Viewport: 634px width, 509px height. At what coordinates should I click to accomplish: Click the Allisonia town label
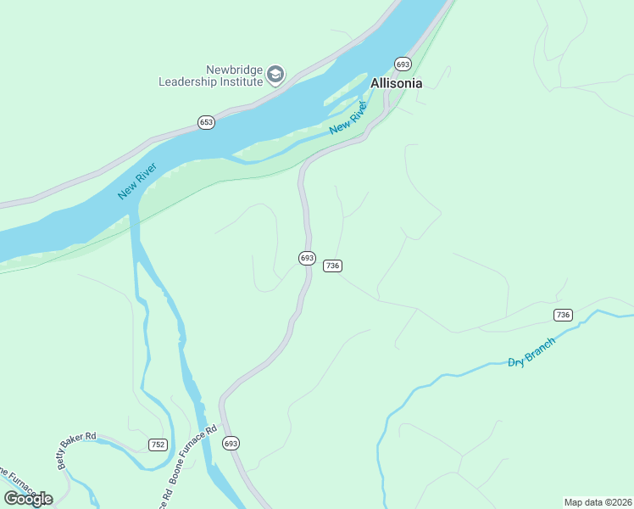396,83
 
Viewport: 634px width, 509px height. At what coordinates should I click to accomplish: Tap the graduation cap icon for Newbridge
275,75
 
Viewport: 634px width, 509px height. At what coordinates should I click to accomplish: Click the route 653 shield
207,122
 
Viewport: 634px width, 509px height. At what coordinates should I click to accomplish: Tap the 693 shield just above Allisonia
403,64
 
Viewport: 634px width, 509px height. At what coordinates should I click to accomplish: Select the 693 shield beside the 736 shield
307,257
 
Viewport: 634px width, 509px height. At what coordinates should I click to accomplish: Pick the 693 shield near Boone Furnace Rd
231,443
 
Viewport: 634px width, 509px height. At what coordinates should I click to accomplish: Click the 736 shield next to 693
332,266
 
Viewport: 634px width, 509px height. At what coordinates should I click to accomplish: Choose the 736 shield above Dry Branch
563,315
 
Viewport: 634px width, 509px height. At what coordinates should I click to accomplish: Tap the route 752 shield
158,444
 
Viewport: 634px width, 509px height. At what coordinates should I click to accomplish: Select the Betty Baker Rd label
77,441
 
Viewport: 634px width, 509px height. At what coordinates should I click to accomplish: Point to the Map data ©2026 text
598,501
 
